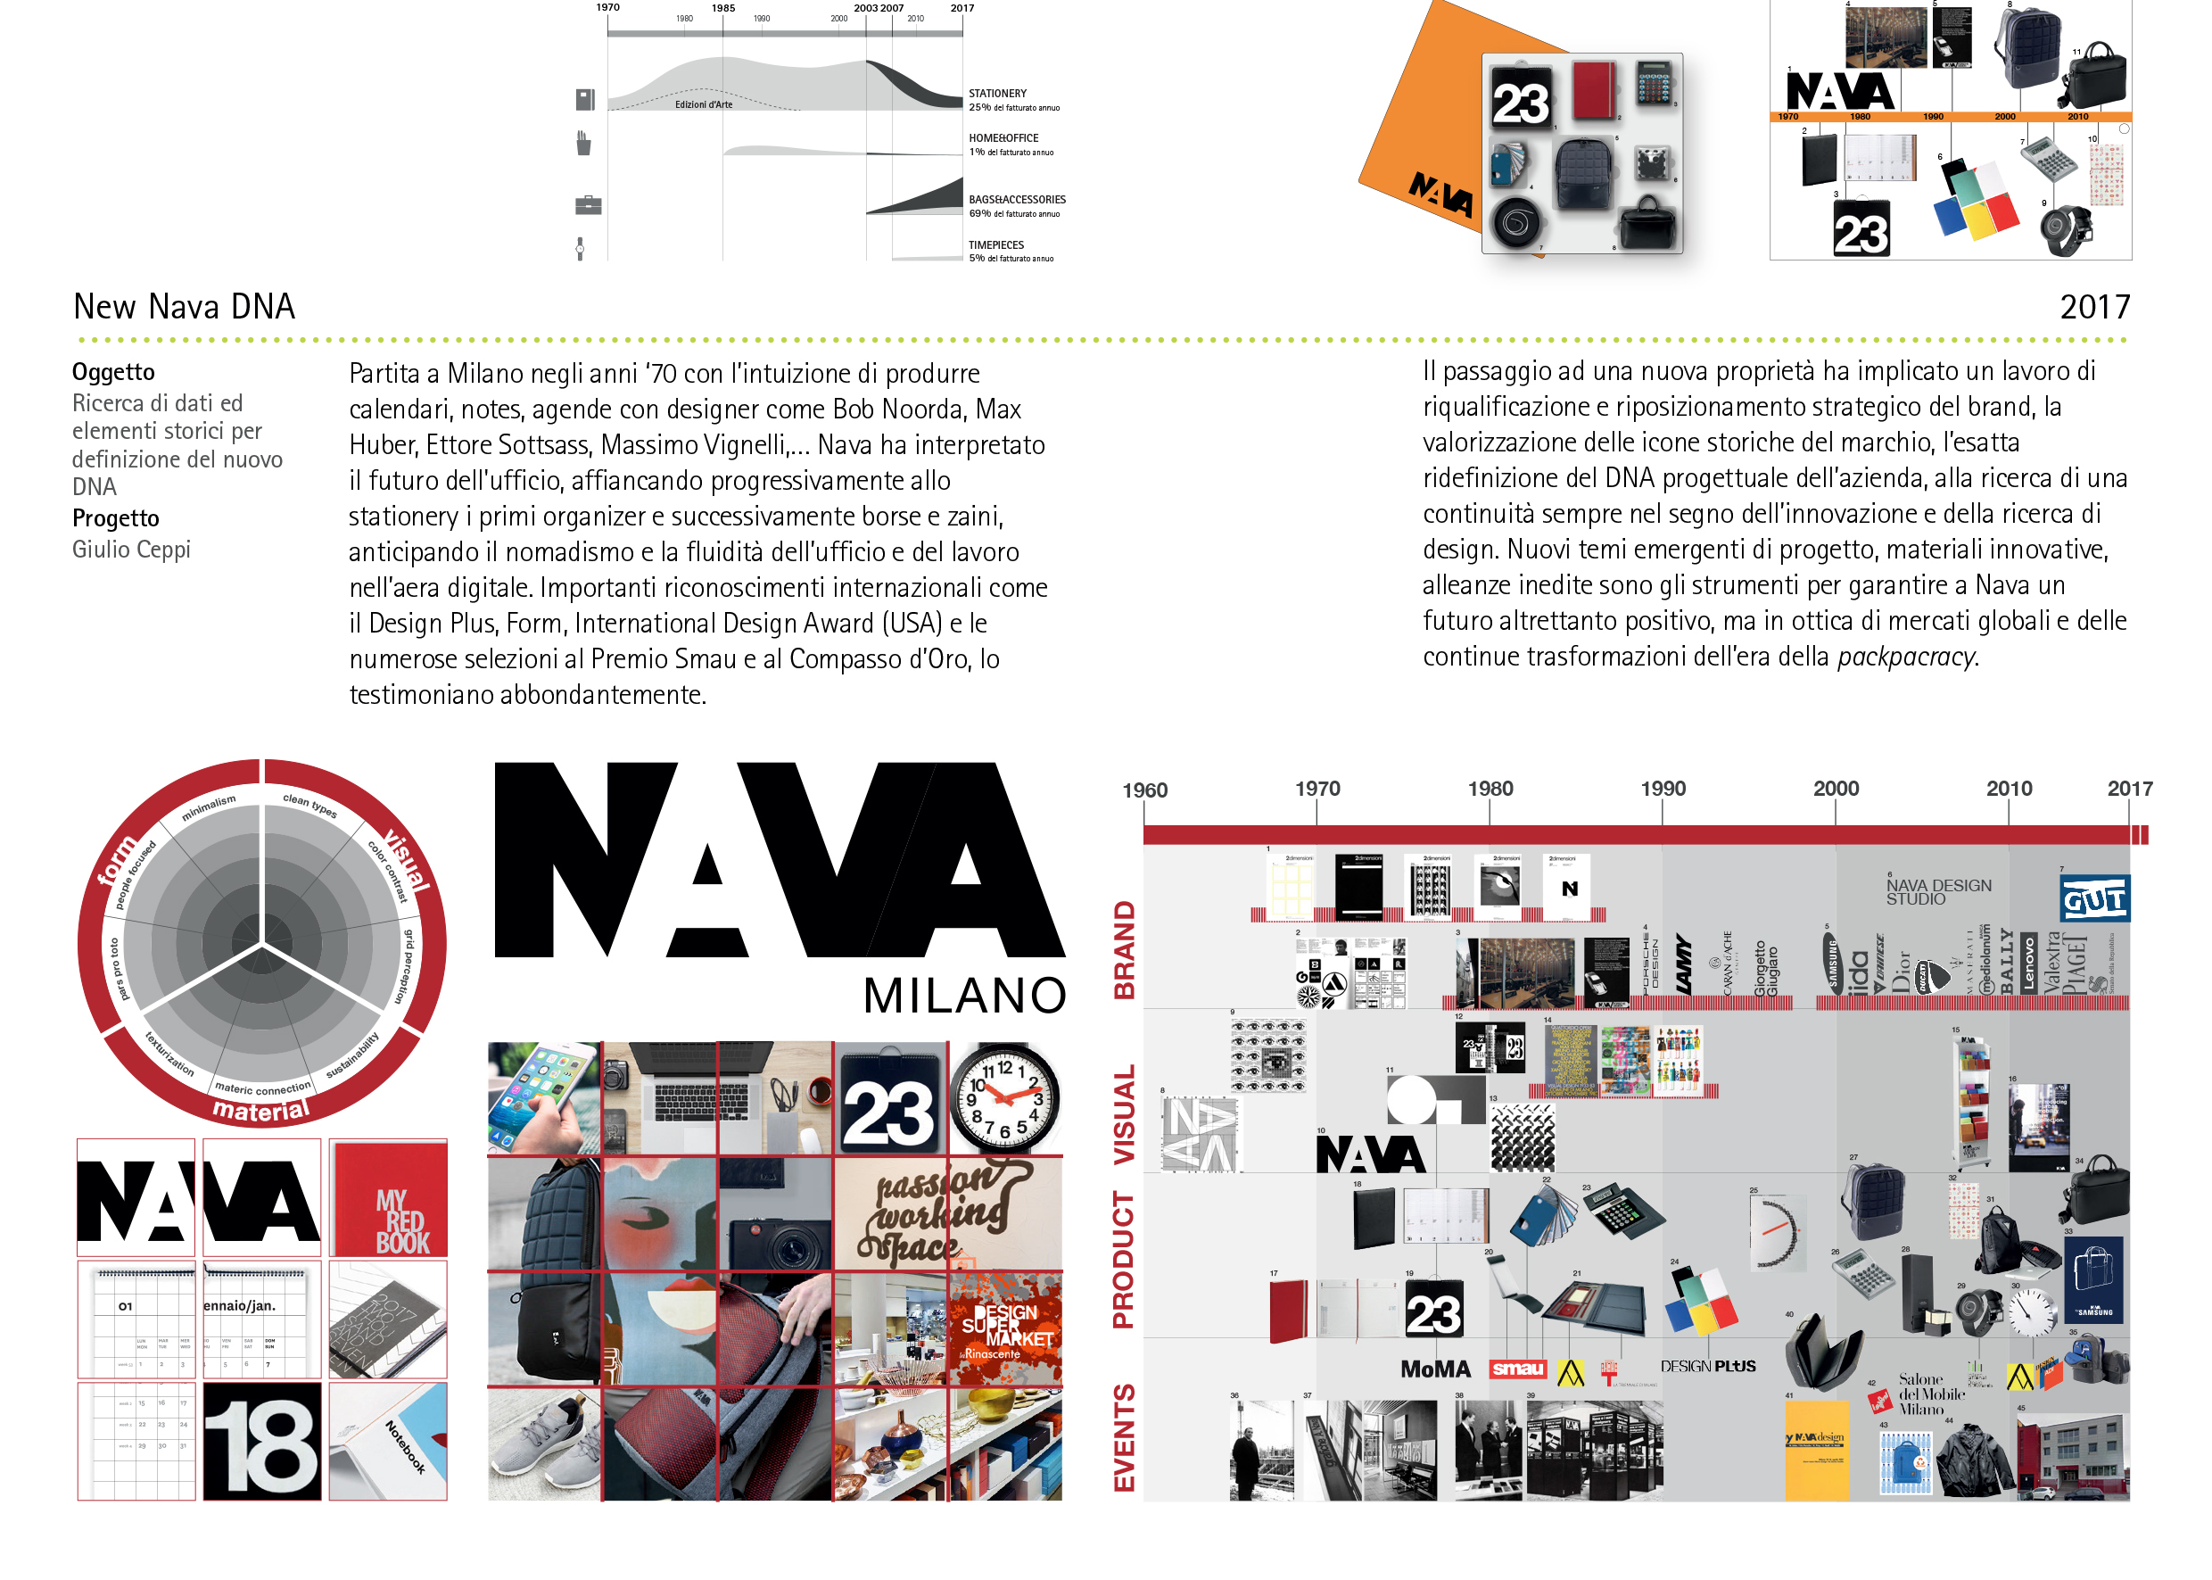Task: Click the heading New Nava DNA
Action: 184,308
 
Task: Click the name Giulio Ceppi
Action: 131,550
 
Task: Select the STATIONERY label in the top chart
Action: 997,94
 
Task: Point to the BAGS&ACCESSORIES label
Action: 1017,200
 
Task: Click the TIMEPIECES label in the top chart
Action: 995,245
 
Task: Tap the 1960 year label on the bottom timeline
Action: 1144,790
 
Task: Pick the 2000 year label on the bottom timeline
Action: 1835,789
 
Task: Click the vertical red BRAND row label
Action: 1125,949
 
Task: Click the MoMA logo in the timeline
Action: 1435,1369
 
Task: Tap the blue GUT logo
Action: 2093,899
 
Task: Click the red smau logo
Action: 1517,1369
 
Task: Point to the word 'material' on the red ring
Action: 260,1110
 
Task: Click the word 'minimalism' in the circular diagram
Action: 208,807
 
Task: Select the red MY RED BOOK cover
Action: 389,1200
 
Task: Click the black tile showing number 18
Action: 261,1443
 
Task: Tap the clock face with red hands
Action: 1003,1097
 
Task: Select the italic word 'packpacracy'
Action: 1905,657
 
